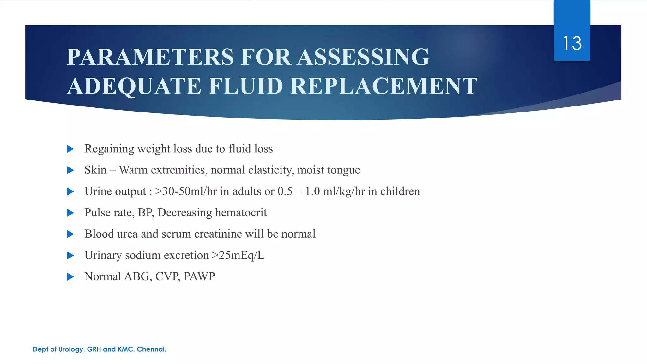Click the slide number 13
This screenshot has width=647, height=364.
[572, 43]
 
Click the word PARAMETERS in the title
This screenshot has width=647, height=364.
[150, 57]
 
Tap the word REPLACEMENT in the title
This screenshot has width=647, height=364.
[384, 86]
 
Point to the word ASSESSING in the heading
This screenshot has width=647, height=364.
[363, 57]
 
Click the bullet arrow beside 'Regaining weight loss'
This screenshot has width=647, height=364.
[70, 149]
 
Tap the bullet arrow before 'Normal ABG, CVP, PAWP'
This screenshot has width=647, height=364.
[70, 277]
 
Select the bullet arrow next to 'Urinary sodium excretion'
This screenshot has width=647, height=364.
[70, 255]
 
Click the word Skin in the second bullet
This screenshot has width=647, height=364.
[95, 170]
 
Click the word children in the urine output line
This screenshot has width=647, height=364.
[400, 191]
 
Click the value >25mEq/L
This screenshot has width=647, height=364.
[238, 255]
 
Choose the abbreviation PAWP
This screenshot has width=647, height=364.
[199, 277]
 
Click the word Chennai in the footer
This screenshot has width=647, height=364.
[151, 349]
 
